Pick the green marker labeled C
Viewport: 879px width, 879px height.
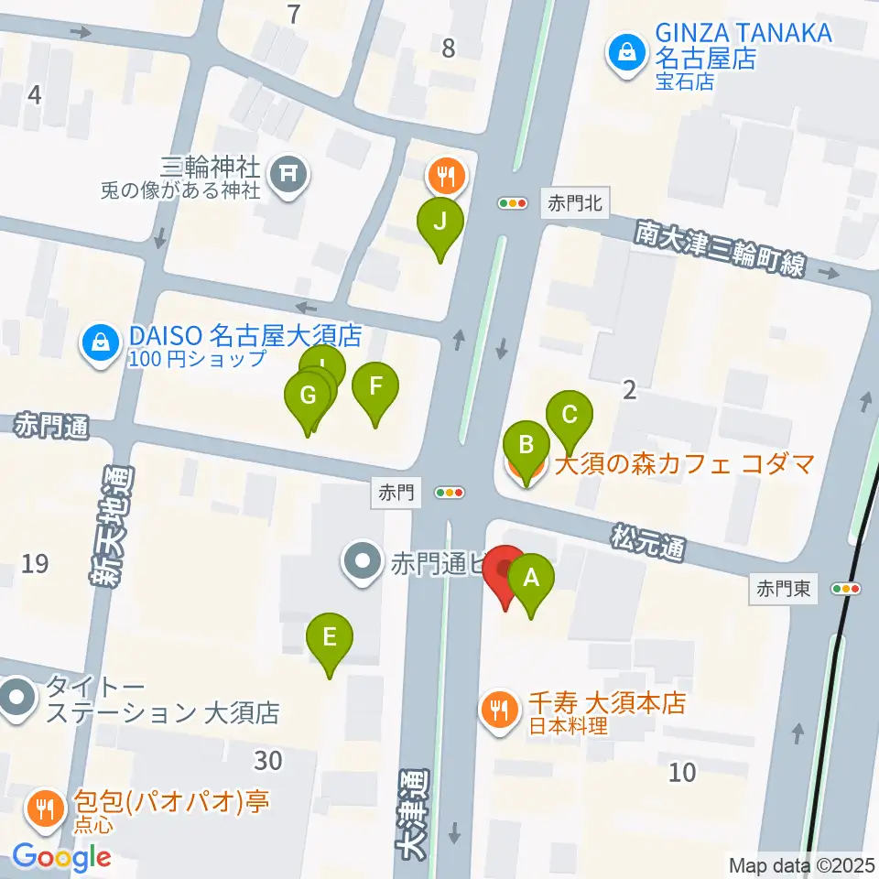(x=570, y=415)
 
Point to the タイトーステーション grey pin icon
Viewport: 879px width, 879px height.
(x=17, y=699)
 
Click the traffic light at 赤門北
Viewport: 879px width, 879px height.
(x=513, y=203)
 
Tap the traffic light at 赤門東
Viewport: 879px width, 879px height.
(x=848, y=589)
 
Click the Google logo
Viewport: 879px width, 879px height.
(x=61, y=857)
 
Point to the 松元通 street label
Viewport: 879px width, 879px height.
(x=650, y=541)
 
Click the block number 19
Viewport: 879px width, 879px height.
(x=35, y=565)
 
